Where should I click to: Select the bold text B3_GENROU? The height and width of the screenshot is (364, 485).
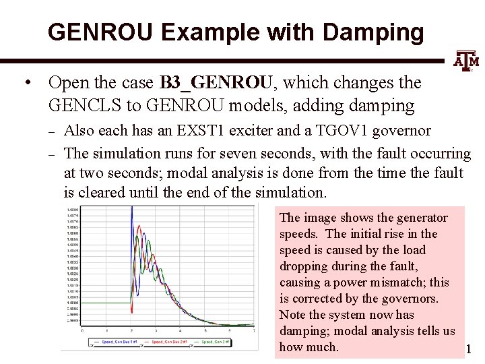[216, 83]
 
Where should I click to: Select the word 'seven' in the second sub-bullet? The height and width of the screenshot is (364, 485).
[259, 154]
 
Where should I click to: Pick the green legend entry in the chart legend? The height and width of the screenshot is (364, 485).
[214, 342]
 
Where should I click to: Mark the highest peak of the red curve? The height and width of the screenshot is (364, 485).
[138, 226]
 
